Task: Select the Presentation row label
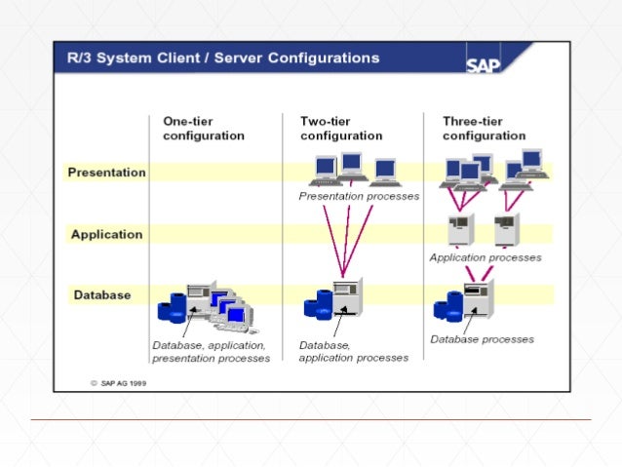[x=106, y=173]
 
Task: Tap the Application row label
[x=106, y=234]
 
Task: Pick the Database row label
[x=102, y=294]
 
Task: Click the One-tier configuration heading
[x=203, y=128]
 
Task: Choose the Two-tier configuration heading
[x=340, y=128]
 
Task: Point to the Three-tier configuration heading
[x=485, y=128]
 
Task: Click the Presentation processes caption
[x=359, y=196]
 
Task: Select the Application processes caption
[x=486, y=257]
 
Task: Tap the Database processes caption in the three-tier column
[x=482, y=339]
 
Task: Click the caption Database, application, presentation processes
[x=210, y=352]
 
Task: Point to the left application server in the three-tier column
[x=458, y=229]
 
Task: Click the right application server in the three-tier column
[x=505, y=229]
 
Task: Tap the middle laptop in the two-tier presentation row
[x=351, y=167]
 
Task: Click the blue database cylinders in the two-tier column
[x=317, y=304]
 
